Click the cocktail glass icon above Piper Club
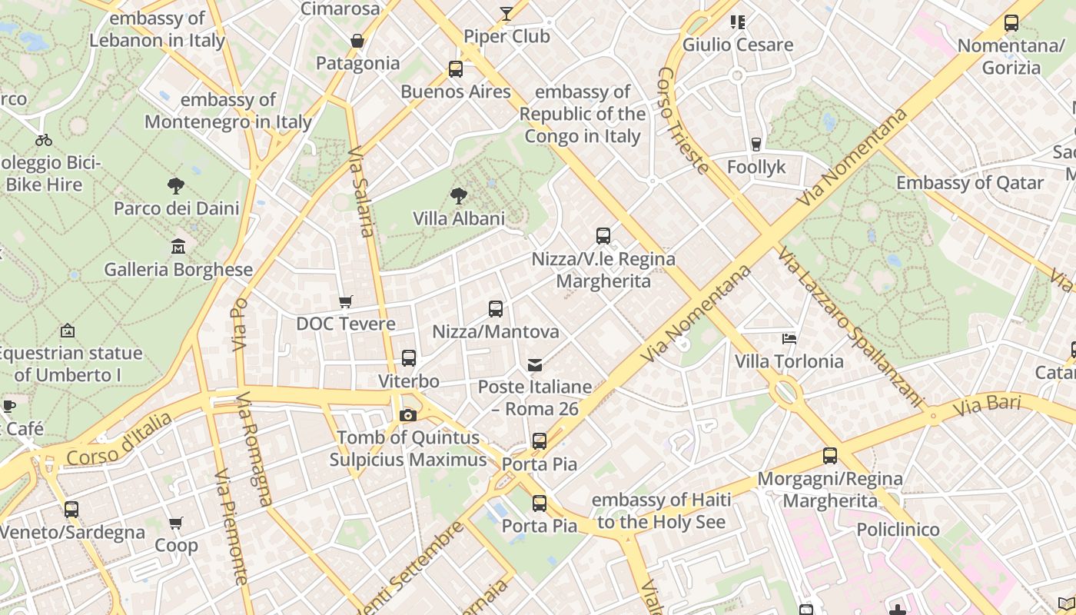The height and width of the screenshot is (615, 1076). click(x=506, y=13)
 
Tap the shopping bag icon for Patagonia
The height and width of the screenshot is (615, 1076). click(x=357, y=41)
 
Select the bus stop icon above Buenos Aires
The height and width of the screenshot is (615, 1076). click(x=456, y=69)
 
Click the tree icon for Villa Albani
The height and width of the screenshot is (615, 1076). click(x=459, y=196)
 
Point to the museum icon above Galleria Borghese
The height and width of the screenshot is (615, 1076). click(x=178, y=247)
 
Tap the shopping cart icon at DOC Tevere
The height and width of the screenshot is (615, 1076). click(x=346, y=301)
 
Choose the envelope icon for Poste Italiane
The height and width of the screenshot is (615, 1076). click(x=535, y=364)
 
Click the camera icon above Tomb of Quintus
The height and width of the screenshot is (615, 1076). click(x=408, y=415)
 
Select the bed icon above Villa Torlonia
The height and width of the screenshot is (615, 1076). click(x=789, y=338)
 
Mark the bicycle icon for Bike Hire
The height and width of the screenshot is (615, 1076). click(x=44, y=140)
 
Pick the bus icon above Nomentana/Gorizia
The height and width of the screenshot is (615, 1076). click(x=1011, y=23)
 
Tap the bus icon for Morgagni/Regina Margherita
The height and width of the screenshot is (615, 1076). click(x=830, y=456)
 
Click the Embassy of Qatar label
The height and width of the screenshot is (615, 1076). click(x=970, y=183)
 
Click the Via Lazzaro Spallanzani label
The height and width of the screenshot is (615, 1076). click(x=849, y=326)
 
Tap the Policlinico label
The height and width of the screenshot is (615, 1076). click(x=898, y=530)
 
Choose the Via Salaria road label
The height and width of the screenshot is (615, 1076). click(x=361, y=192)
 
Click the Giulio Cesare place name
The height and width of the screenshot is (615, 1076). click(x=738, y=45)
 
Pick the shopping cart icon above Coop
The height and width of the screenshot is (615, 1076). click(x=176, y=524)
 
